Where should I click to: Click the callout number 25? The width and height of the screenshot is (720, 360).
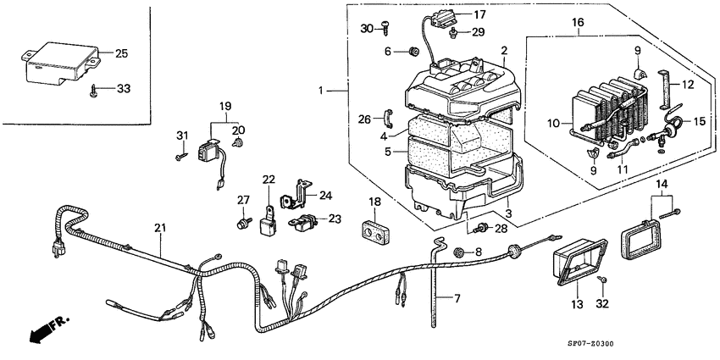click(x=121, y=53)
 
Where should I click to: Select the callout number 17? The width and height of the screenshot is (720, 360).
click(x=479, y=14)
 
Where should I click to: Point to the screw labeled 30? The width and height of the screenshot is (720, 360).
click(x=386, y=28)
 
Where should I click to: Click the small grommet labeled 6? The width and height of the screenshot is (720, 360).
click(x=413, y=52)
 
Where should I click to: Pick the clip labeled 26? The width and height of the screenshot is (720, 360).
click(x=388, y=119)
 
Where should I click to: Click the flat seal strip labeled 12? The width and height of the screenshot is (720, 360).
click(x=664, y=90)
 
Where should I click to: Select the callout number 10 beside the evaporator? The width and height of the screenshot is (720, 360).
click(x=553, y=123)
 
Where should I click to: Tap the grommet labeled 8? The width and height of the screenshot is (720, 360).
click(x=457, y=252)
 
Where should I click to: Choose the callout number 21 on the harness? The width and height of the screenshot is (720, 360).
click(x=160, y=228)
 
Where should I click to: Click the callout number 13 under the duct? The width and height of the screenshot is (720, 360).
click(x=577, y=304)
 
